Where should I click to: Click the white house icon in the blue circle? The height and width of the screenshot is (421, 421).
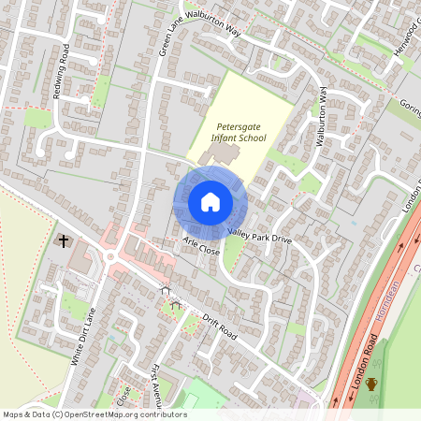(210, 201)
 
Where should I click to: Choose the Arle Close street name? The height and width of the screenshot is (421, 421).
(201, 247)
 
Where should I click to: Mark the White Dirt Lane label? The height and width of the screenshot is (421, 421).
(84, 341)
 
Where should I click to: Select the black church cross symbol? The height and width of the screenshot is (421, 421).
(64, 241)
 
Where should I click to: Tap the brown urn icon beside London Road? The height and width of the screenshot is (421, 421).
(371, 384)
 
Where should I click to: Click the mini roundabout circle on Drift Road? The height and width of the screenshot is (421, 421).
(110, 258)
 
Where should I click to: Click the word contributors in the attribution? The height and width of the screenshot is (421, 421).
(160, 414)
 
